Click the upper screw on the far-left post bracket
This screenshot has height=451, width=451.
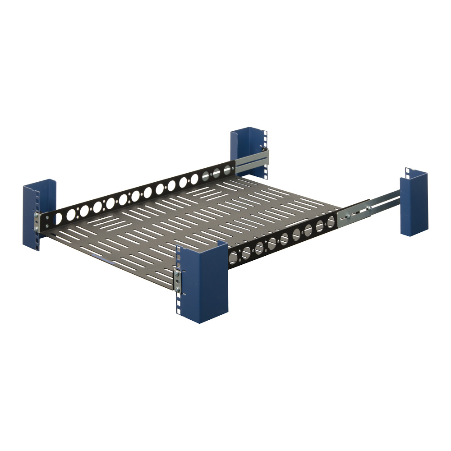(x=37, y=216)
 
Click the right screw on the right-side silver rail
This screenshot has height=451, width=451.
(x=368, y=208)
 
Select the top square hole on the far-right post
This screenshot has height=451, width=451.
(x=408, y=170)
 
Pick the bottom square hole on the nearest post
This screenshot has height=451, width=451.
(x=178, y=311)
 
